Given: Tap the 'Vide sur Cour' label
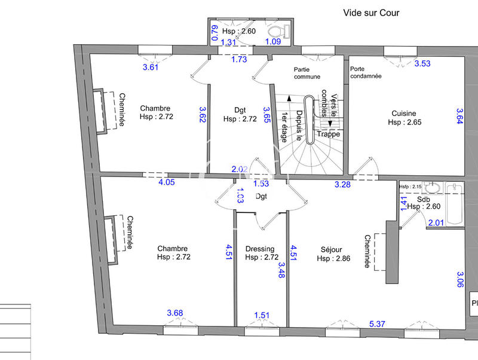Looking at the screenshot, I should pos(370,13).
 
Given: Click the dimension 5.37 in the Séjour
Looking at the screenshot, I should pos(378,324).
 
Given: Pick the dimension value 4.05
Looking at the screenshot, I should pos(166,182).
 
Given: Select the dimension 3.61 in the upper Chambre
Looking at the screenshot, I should pos(151,67).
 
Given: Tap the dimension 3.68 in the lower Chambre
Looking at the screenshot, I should pos(175,313).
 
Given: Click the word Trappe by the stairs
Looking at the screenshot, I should pos(328,134).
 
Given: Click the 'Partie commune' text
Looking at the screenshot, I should pos(307,72).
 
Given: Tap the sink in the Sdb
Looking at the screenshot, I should pos(431,188).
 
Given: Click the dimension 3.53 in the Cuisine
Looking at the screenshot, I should pos(422,63).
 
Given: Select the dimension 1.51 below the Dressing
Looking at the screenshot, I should pos(262,315).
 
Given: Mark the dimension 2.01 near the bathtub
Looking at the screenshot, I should pos(436,223).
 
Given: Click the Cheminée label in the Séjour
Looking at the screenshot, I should pos(367,251).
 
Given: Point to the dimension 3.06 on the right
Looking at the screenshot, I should pos(460,279).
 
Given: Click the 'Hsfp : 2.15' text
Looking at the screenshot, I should pos(411,186).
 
